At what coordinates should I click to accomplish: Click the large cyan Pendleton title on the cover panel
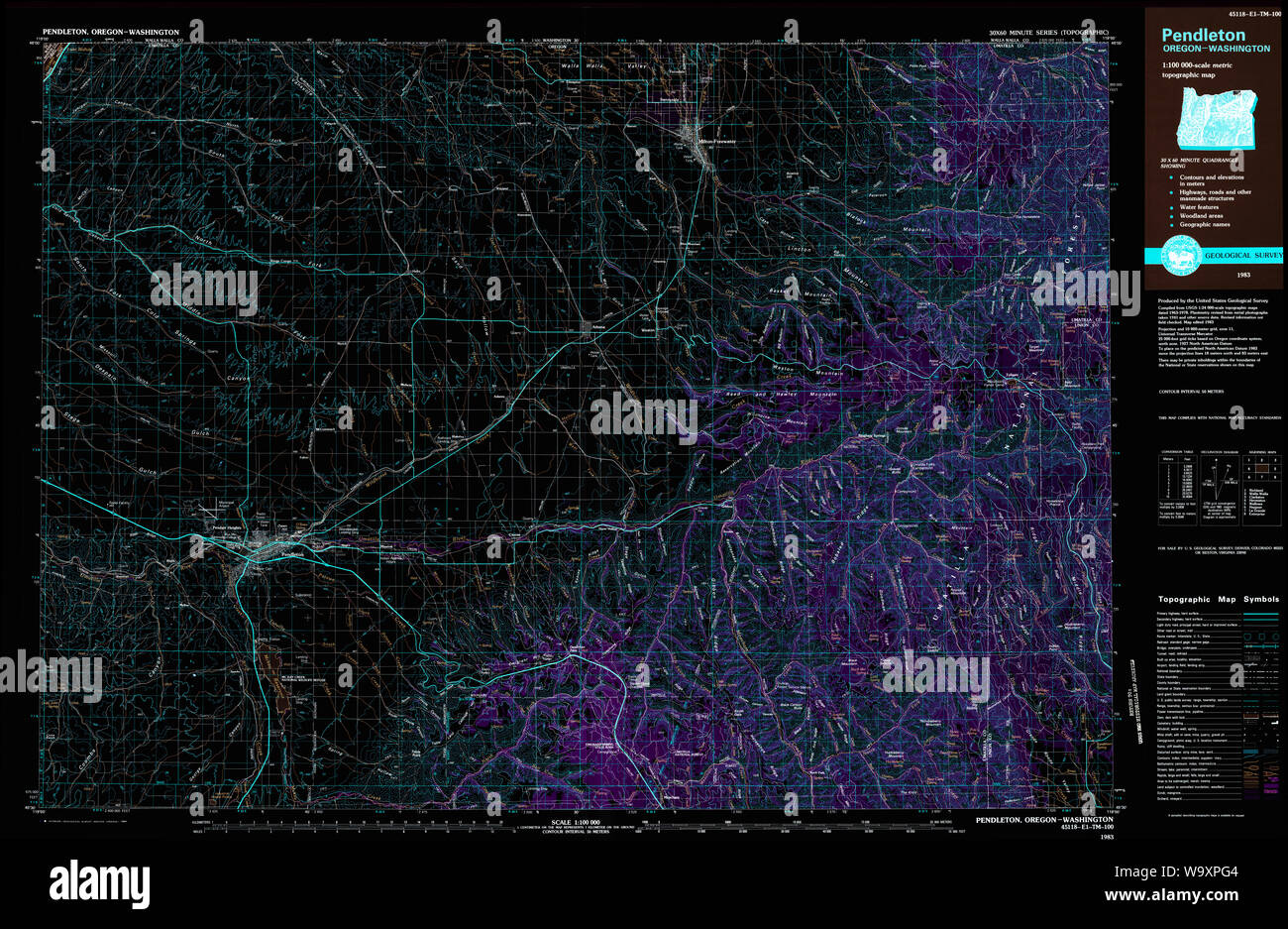tap(1203, 35)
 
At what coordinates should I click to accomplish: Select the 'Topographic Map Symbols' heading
tap(1216, 600)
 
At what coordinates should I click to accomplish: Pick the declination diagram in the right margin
tap(1218, 485)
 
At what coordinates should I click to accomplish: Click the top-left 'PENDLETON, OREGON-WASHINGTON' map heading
tap(111, 32)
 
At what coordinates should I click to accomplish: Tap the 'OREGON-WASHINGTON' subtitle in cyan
tap(1216, 49)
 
